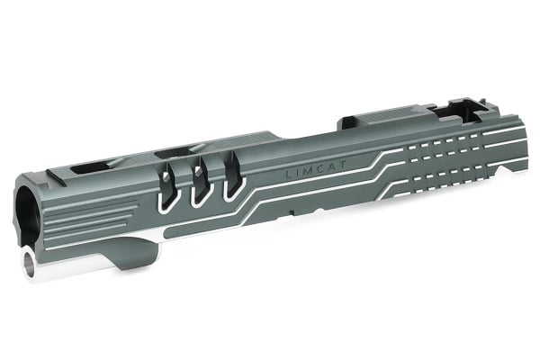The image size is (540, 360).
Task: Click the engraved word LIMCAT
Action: (x=316, y=168)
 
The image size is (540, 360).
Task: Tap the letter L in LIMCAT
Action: (x=289, y=175)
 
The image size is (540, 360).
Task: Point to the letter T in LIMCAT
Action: (x=343, y=165)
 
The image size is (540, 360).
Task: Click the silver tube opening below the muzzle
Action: (x=30, y=263)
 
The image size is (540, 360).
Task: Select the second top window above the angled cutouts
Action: (x=175, y=153)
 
